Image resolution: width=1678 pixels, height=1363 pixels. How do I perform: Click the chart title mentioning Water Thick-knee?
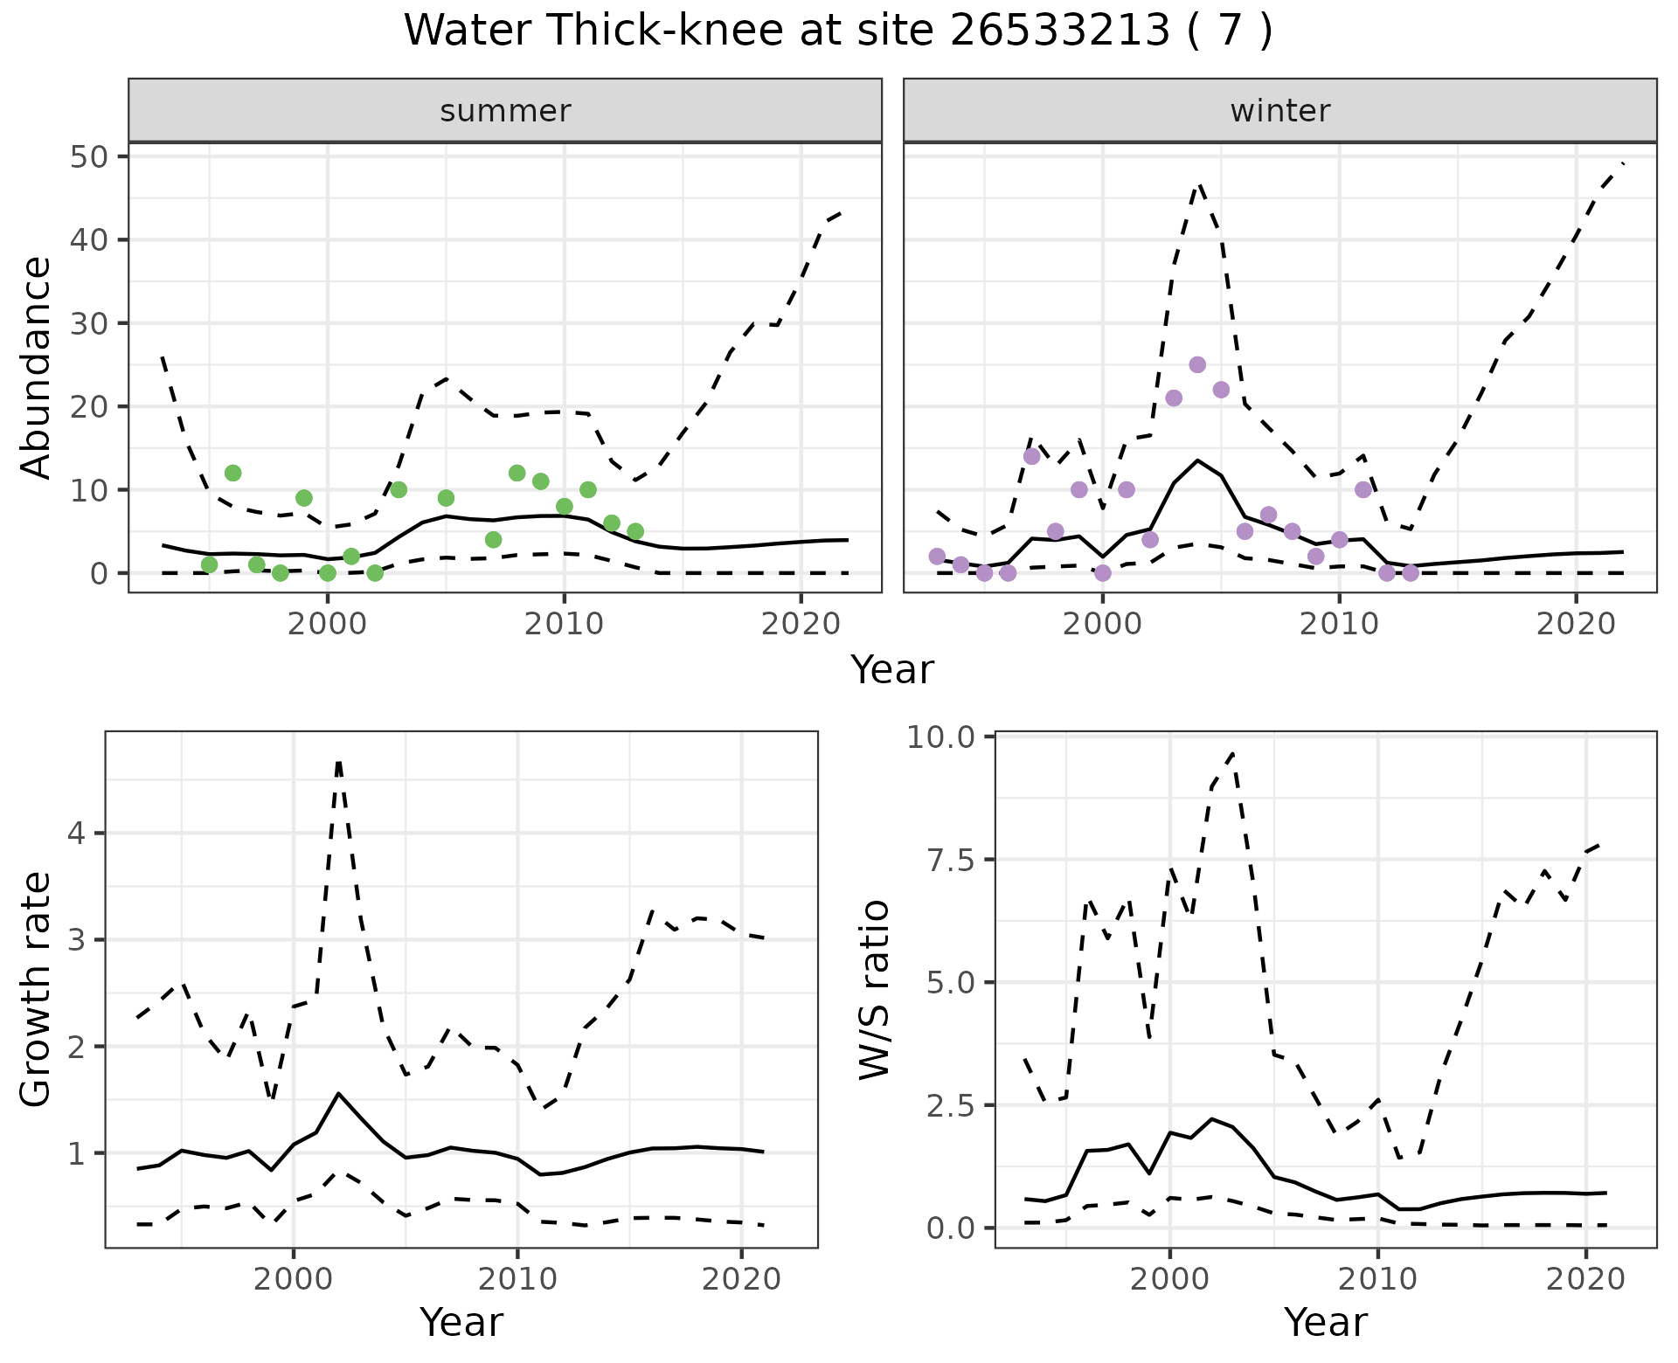(x=837, y=31)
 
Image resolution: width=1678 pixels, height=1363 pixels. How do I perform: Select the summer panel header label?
(x=504, y=111)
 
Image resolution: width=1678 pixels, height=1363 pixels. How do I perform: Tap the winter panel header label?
(x=1279, y=111)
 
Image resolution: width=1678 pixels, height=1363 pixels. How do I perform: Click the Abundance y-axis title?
(x=37, y=367)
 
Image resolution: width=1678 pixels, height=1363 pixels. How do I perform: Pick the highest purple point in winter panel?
(x=1197, y=364)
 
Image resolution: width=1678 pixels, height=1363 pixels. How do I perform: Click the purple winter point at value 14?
(x=1031, y=456)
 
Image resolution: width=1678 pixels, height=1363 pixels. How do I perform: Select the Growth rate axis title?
(x=37, y=990)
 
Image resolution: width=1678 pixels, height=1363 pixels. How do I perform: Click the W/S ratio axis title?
(x=874, y=990)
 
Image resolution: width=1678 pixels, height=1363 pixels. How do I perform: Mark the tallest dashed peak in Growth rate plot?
(x=338, y=762)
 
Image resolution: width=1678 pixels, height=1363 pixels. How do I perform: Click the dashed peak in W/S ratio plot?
(x=1232, y=752)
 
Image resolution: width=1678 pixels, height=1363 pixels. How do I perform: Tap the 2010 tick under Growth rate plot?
(x=517, y=1279)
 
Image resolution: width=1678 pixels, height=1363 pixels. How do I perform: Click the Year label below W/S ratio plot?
(x=1325, y=1322)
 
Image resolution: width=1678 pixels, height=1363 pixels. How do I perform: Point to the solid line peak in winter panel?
(x=1197, y=460)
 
